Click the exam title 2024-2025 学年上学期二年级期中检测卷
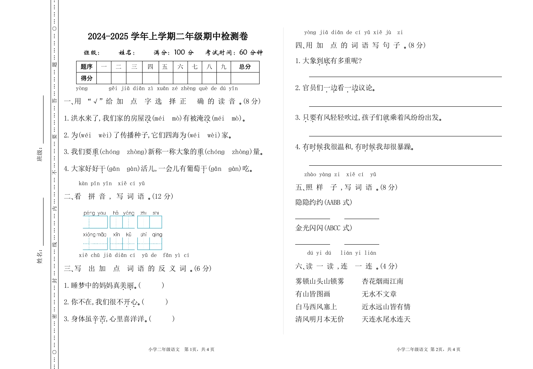168,36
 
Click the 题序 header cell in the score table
86,67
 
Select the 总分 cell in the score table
245,67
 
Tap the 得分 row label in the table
86,78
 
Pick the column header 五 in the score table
165,67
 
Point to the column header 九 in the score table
224,67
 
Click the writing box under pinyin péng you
95,222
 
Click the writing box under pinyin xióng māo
95,243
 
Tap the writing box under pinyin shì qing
149,243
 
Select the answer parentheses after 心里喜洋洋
162,319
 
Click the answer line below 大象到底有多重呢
405,76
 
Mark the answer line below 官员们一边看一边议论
405,106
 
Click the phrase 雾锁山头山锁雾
320,281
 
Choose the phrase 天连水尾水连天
386,319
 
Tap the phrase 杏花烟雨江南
383,281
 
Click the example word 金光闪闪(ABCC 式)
324,228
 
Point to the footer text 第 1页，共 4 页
199,349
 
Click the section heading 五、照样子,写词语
346,187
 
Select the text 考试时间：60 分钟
234,53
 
